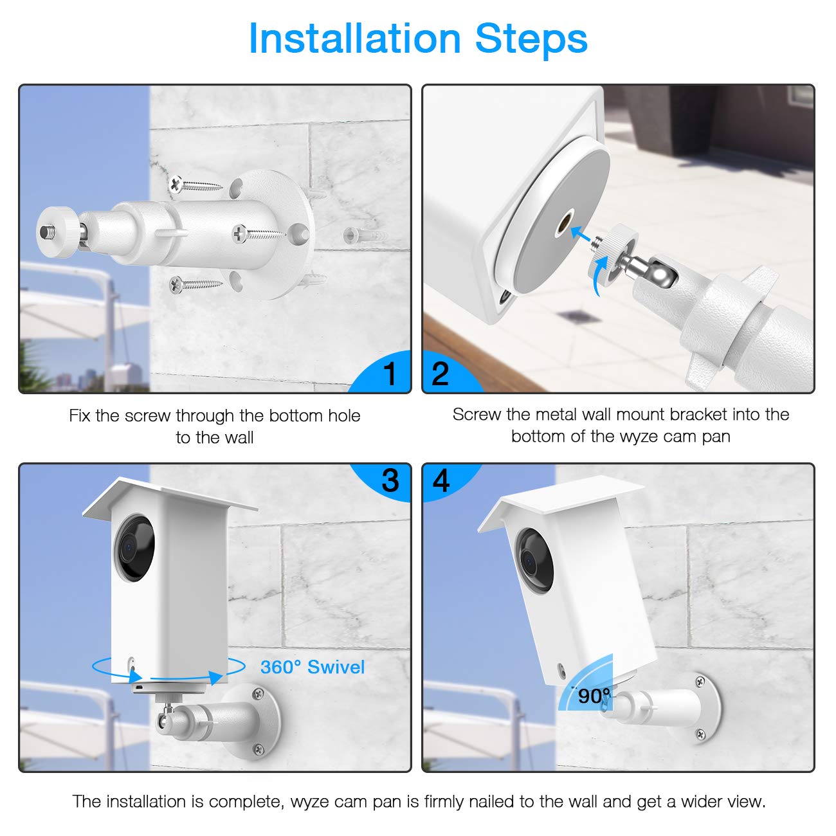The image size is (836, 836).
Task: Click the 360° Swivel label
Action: click(x=313, y=668)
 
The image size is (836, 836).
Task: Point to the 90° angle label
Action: click(x=593, y=696)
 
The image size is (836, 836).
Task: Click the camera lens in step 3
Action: click(x=134, y=547)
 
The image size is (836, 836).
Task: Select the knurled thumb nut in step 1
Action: click(x=58, y=232)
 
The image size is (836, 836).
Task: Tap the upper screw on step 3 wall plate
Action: click(x=258, y=693)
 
